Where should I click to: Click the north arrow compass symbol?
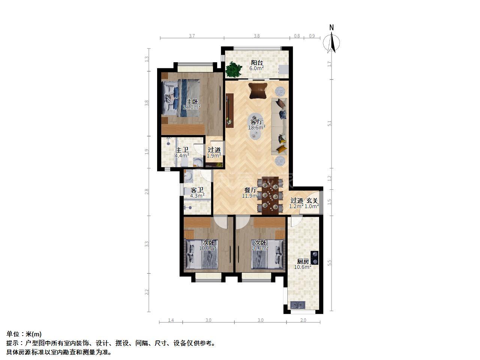click(332, 43)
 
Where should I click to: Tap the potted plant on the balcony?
click(234, 69)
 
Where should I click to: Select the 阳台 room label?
click(257, 63)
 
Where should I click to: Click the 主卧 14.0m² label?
click(192, 105)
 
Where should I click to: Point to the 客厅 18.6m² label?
click(256, 124)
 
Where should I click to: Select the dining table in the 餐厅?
click(270, 196)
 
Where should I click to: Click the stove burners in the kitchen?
click(315, 258)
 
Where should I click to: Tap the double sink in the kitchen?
click(298, 305)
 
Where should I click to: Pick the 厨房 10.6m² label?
click(303, 264)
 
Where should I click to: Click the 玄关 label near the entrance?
click(312, 201)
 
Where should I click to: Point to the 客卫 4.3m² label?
click(197, 193)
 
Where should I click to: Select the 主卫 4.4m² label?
click(182, 153)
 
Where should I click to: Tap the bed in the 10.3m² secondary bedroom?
click(268, 254)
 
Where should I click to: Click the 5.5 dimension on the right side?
click(330, 263)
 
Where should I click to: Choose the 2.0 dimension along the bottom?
click(303, 320)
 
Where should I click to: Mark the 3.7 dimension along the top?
click(192, 36)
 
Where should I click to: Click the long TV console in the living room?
click(229, 111)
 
